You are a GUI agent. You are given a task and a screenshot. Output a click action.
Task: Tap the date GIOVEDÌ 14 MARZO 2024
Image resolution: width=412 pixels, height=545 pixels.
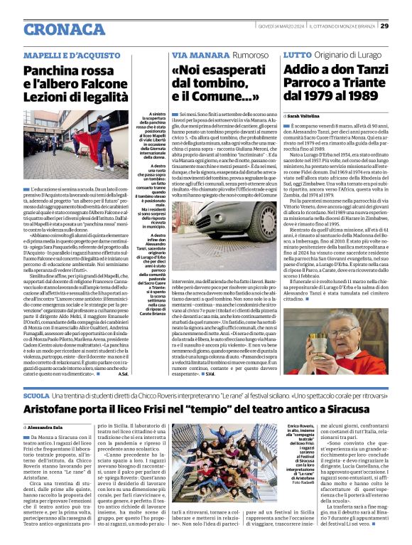click(x=276, y=26)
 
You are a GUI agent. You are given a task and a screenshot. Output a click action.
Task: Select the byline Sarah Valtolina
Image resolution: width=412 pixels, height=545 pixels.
click(x=308, y=115)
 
